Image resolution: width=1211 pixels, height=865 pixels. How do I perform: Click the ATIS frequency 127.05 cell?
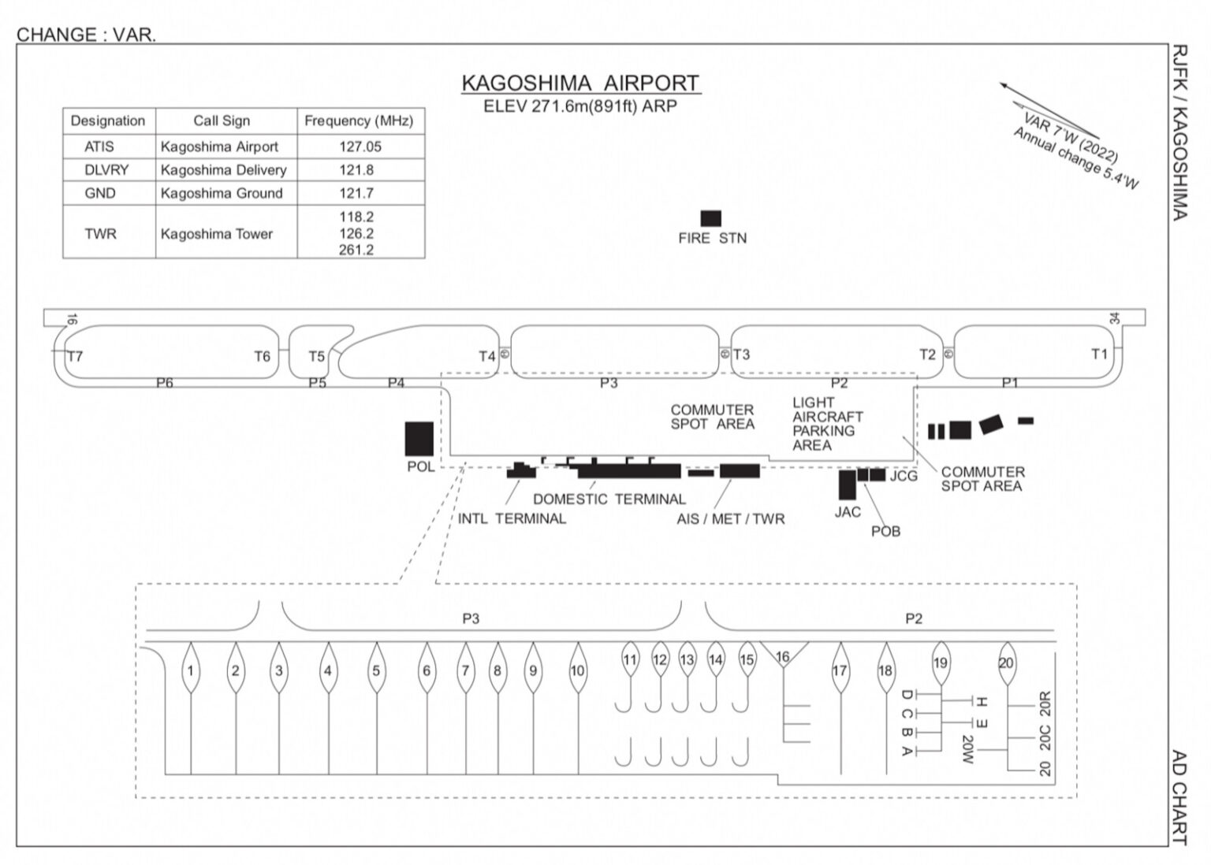click(x=360, y=147)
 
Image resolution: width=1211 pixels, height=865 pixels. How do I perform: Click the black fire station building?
click(x=711, y=218)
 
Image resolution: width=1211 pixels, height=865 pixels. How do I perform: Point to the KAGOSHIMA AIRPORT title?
click(x=580, y=84)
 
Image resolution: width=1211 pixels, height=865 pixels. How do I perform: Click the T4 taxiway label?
click(x=486, y=357)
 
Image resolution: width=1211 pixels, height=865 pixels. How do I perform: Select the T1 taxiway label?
click(x=1099, y=355)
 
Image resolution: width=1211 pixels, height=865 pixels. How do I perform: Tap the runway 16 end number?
click(x=72, y=319)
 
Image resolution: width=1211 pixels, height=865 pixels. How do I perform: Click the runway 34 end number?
click(x=1114, y=319)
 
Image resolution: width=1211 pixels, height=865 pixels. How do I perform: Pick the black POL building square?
click(x=419, y=439)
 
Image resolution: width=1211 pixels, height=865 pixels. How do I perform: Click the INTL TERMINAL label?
click(x=512, y=518)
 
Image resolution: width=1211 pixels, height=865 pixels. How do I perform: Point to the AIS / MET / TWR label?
click(x=730, y=519)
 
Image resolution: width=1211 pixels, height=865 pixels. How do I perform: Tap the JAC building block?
click(x=848, y=484)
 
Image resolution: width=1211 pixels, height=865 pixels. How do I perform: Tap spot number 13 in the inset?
click(x=687, y=659)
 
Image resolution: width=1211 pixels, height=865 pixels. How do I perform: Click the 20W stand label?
click(x=967, y=749)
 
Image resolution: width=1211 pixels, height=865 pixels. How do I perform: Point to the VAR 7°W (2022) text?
click(x=1071, y=137)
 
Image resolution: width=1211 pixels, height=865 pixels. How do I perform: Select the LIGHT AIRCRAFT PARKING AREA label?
click(x=828, y=424)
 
